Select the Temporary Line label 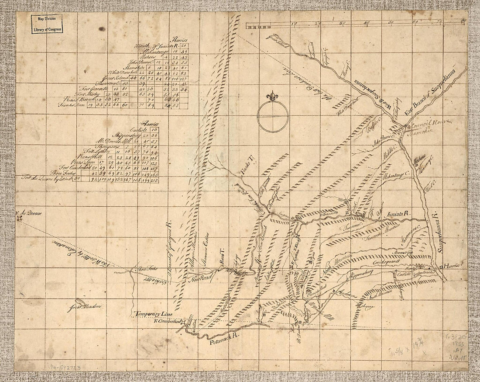pyautogui.click(x=153, y=314)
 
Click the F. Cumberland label pyautogui.click(x=166, y=322)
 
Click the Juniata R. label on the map pyautogui.click(x=398, y=214)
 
